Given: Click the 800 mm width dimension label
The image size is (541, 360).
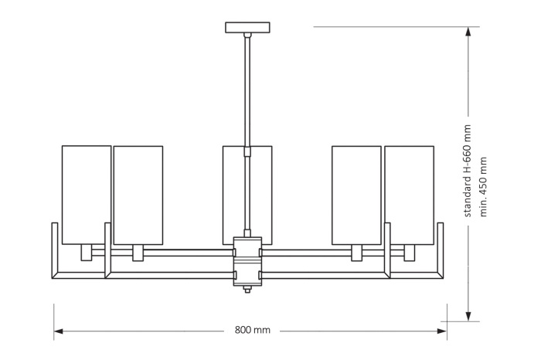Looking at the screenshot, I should pyautogui.click(x=252, y=330).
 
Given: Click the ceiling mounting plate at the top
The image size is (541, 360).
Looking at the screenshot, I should pyautogui.click(x=247, y=28).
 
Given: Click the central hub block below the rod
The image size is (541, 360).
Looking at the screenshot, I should pyautogui.click(x=247, y=260).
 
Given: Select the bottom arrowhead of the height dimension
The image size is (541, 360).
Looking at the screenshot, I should pyautogui.click(x=468, y=314).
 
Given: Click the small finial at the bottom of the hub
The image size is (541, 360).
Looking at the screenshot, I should pyautogui.click(x=247, y=290).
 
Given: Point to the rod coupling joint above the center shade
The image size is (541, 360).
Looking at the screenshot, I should pyautogui.click(x=247, y=150).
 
